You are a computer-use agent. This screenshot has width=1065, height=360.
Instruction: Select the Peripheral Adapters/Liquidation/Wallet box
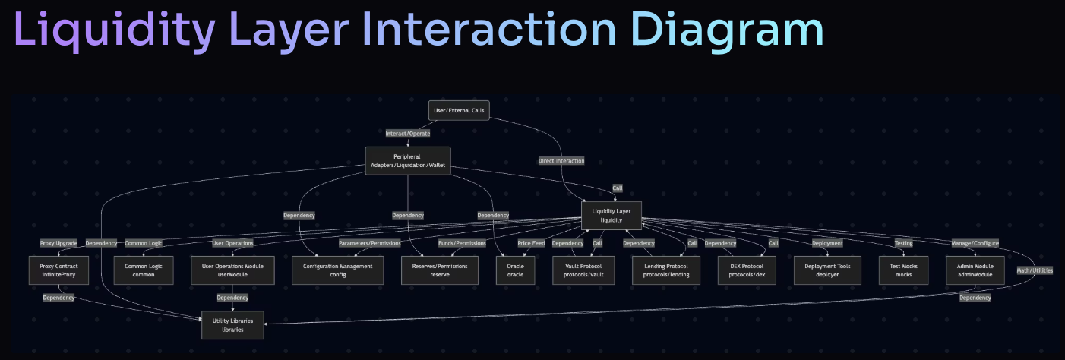coord(408,161)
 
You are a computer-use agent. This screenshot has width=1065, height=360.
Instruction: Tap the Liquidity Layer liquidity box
coord(612,215)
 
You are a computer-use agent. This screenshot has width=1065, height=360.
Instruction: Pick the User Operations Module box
coord(232,270)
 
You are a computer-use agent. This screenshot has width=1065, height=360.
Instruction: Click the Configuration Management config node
coord(337,270)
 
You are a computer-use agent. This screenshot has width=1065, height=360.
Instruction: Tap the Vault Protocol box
coord(583,270)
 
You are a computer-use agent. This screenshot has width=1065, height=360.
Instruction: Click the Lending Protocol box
coord(667,270)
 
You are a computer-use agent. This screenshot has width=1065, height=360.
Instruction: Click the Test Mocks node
coord(903,270)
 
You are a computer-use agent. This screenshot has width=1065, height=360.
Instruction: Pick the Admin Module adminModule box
coord(975,270)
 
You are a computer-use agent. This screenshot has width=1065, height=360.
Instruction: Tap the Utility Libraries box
coord(232,325)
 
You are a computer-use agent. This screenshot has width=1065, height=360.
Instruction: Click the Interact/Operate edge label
coord(408,134)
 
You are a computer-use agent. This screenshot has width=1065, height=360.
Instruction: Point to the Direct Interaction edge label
coord(561,161)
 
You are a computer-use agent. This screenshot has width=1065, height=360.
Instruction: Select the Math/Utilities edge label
coord(1035,270)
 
